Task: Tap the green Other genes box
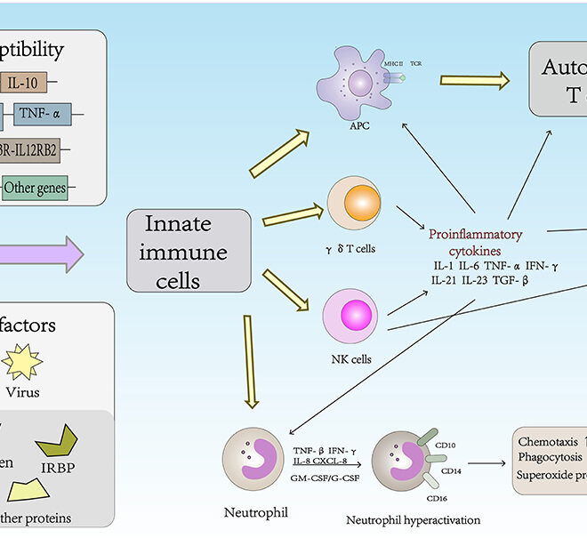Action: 35,188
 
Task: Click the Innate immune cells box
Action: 175,250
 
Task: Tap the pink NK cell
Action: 353,315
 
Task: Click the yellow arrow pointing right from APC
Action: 474,82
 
